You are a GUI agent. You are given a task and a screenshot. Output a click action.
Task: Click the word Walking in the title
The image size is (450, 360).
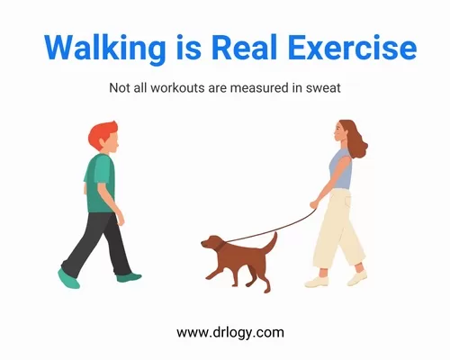pyautogui.click(x=104, y=48)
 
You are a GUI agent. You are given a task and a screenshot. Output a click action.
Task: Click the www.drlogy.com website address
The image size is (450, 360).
pyautogui.click(x=230, y=333)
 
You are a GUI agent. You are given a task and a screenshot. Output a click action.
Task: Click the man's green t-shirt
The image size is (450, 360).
pyautogui.click(x=100, y=184)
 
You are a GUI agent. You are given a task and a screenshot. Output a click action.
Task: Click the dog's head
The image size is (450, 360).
pyautogui.click(x=212, y=242)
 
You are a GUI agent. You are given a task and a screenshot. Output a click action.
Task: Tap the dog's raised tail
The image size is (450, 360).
pyautogui.click(x=270, y=242)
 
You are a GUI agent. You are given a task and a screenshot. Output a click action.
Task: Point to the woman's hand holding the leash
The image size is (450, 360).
pyautogui.click(x=314, y=204)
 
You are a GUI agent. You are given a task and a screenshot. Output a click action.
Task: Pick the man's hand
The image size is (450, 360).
pyautogui.click(x=121, y=219)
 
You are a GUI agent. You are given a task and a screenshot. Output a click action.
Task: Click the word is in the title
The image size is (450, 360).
pyautogui.click(x=188, y=48)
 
